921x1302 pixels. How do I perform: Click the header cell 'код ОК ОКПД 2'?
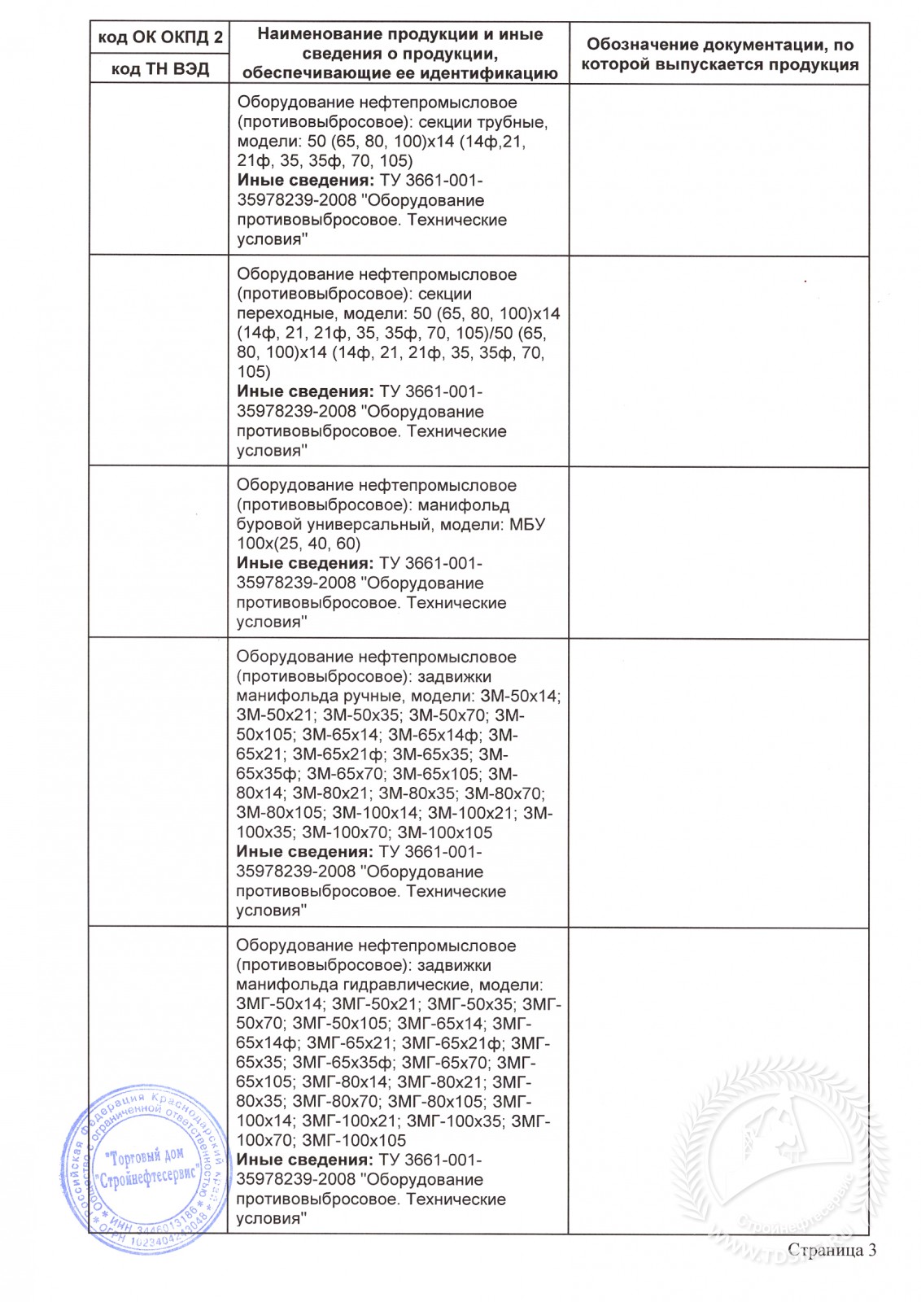[159, 38]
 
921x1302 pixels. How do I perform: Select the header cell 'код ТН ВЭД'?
[159, 69]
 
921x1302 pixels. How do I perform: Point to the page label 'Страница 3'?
[832, 1250]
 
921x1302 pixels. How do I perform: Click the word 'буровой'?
[266, 524]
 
